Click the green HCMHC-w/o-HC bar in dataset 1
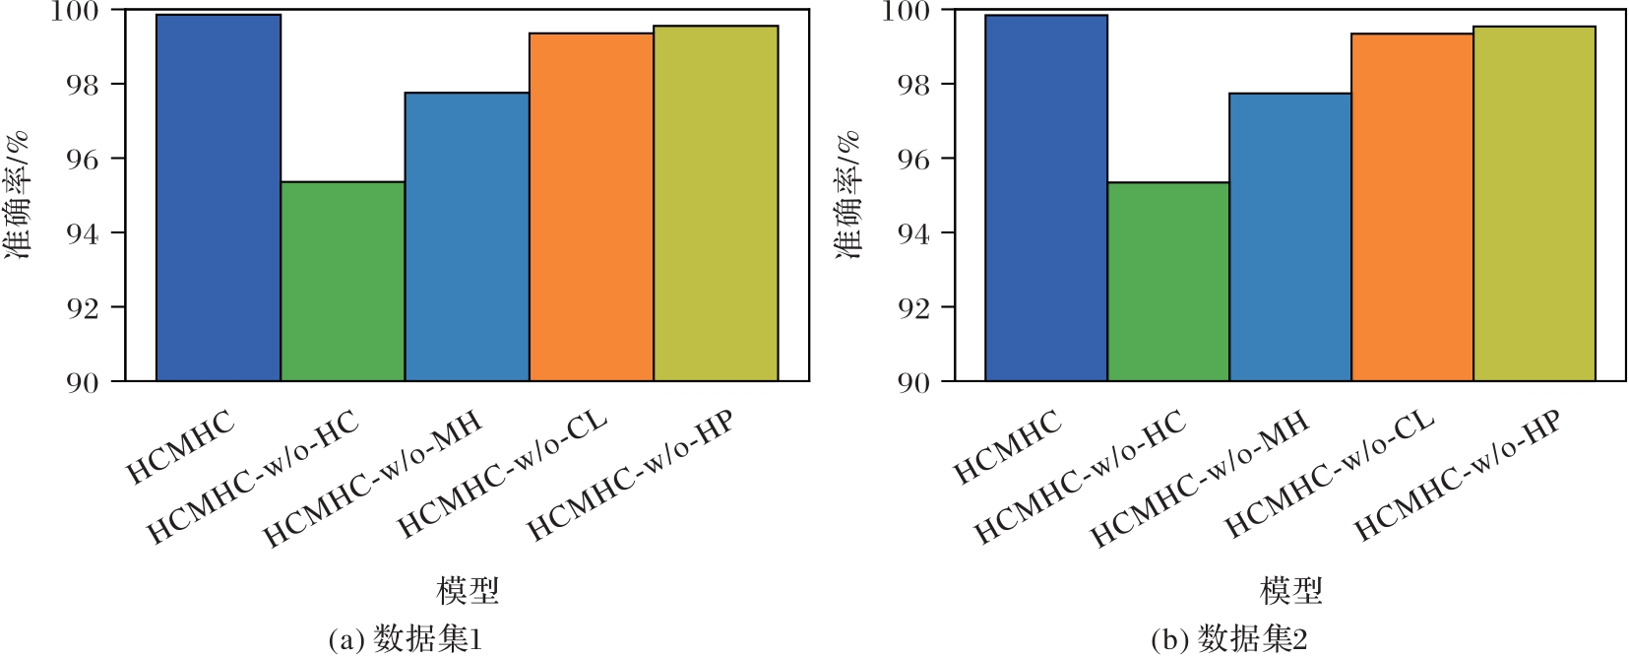tap(343, 282)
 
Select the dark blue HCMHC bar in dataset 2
tap(1045, 198)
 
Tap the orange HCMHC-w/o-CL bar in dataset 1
tap(592, 207)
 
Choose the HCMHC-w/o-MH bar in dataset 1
tap(467, 236)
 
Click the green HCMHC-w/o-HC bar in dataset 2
tap(1167, 282)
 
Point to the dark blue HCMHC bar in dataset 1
tap(219, 198)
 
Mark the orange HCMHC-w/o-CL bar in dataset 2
tap(1411, 207)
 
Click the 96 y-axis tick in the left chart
tap(83, 159)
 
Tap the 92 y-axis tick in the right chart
tap(911, 307)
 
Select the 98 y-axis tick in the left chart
tap(83, 85)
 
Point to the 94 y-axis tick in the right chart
tap(911, 233)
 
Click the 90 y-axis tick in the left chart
tap(83, 382)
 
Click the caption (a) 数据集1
tap(406, 640)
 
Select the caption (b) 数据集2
tap(1229, 640)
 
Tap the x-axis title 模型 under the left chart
tap(468, 591)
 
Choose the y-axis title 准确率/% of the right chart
tap(848, 195)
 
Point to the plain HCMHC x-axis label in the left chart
tap(182, 448)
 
